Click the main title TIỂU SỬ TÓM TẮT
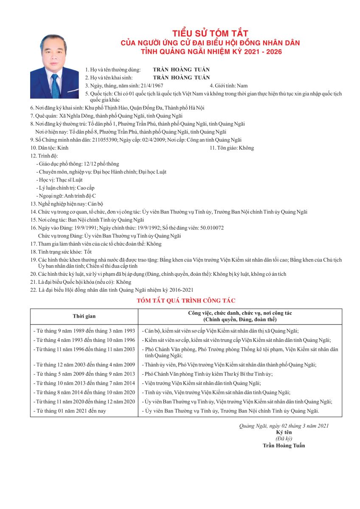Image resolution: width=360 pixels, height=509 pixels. (x=210, y=34)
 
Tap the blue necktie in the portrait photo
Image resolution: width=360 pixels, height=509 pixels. (x=55, y=86)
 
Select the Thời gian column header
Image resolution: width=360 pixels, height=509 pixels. (x=84, y=316)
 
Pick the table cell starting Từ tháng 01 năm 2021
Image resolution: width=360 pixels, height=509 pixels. (x=70, y=411)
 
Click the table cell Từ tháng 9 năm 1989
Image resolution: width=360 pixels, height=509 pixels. (x=84, y=330)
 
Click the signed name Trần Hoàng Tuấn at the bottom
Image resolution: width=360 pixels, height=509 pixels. (x=284, y=445)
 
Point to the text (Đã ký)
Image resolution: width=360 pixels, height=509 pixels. (x=284, y=439)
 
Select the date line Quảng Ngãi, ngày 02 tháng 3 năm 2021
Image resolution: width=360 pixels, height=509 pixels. (x=284, y=425)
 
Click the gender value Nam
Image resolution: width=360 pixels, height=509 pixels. (x=242, y=86)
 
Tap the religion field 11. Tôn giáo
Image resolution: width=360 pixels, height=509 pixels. (x=232, y=148)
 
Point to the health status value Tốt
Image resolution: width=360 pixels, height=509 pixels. (x=88, y=252)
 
